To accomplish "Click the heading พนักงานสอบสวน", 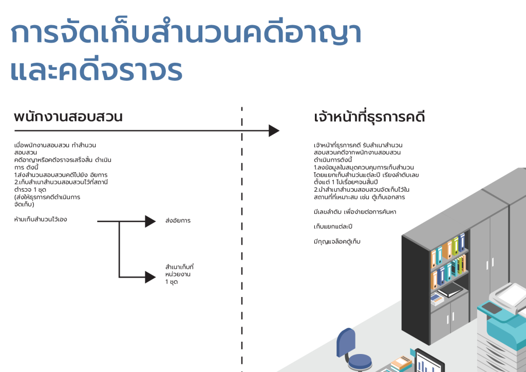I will click(68, 117).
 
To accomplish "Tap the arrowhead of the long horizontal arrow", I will click(274, 131).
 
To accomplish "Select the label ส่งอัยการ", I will click(178, 220).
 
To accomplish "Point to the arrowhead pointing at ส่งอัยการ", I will click(150, 221).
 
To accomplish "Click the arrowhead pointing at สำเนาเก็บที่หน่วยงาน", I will click(150, 277).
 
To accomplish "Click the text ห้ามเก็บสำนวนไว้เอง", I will click(41, 219).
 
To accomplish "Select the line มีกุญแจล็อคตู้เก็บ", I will click(337, 241).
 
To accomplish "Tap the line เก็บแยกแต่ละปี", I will click(333, 227).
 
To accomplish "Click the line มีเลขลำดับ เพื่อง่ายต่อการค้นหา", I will click(355, 212).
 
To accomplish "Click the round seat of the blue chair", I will click(359, 361).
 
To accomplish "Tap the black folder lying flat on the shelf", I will click(451, 290).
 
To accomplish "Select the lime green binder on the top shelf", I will click(456, 246).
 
